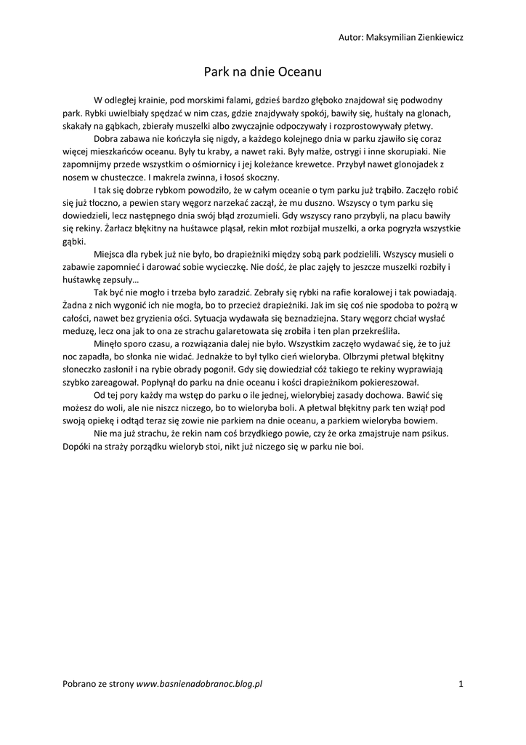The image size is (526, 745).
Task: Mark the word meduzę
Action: pyautogui.click(x=79, y=330)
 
